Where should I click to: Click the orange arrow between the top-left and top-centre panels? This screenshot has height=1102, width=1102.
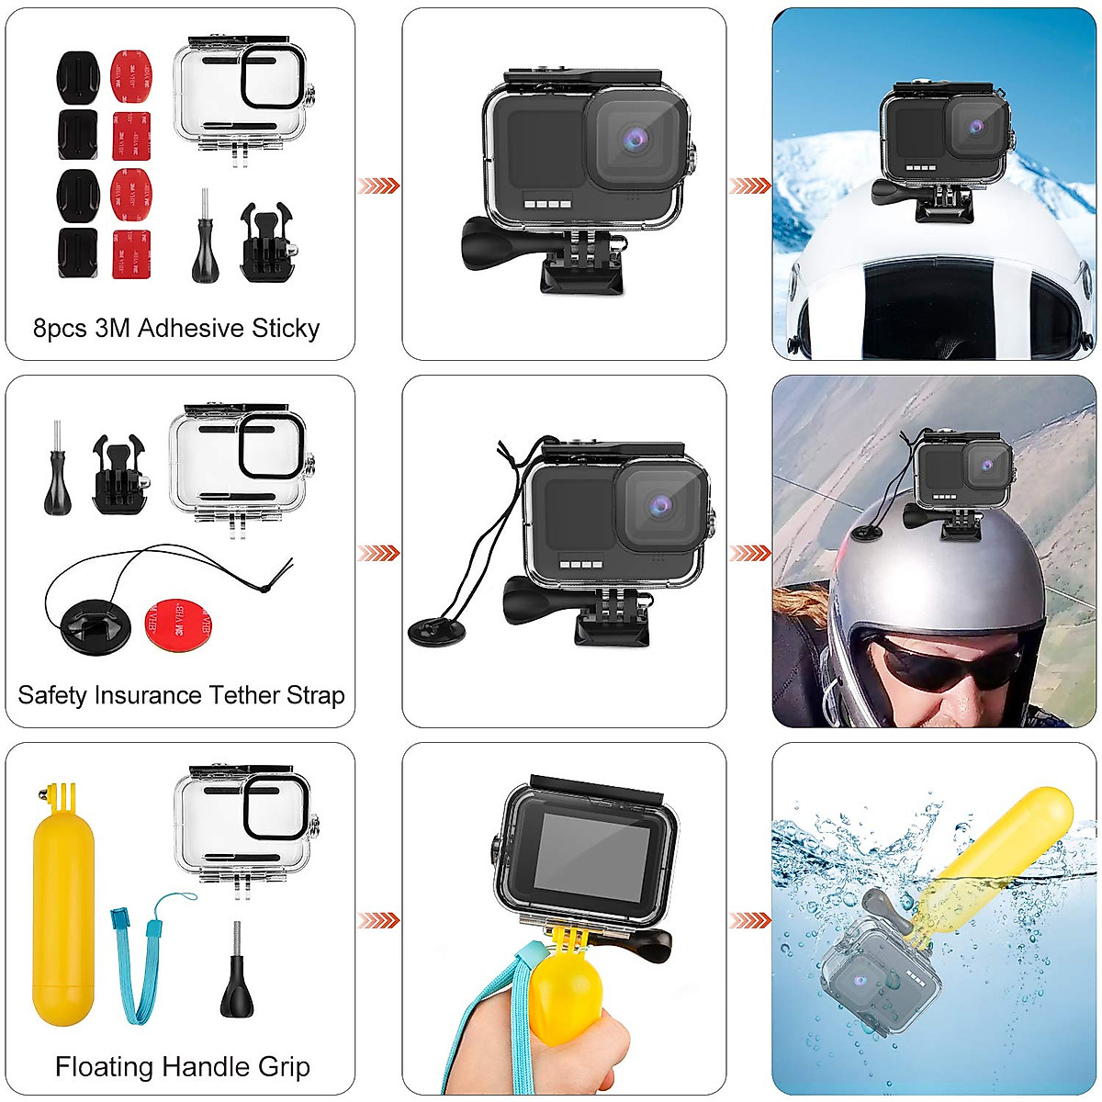pyautogui.click(x=378, y=186)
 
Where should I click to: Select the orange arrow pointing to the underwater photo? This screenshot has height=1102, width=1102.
pyautogui.click(x=749, y=920)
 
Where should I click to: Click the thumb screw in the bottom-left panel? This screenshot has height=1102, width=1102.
pyautogui.click(x=238, y=987)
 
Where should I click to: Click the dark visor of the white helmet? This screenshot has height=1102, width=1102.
pyautogui.click(x=964, y=312)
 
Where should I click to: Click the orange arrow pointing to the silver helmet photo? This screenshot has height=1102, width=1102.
pyautogui.click(x=749, y=553)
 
